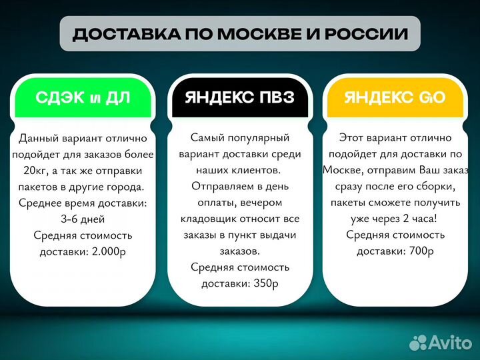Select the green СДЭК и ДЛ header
click(83, 99)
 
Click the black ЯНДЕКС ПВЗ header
click(240, 99)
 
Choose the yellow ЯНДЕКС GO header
click(395, 99)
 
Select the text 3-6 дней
click(83, 219)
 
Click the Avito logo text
click(448, 342)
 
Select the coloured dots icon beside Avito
click(417, 342)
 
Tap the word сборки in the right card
click(433, 187)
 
